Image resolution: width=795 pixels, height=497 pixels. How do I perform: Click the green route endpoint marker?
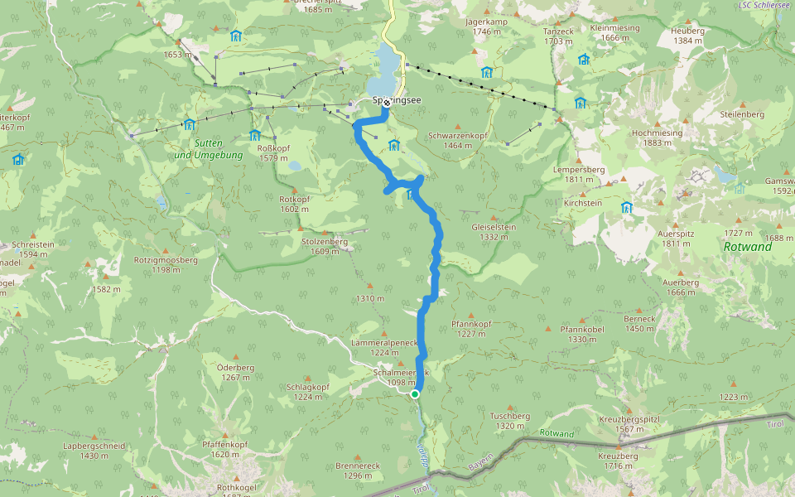pyautogui.click(x=415, y=394)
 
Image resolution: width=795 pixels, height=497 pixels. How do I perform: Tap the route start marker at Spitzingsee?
pyautogui.click(x=386, y=102)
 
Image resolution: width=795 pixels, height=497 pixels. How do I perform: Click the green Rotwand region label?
pyautogui.click(x=747, y=247)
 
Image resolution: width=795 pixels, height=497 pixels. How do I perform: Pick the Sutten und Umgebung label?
pyautogui.click(x=208, y=149)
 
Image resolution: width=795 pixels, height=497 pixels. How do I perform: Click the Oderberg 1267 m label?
pyautogui.click(x=235, y=372)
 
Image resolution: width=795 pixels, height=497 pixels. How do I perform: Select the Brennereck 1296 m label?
pyautogui.click(x=357, y=470)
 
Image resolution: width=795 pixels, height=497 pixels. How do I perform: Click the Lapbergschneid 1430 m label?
pyautogui.click(x=94, y=451)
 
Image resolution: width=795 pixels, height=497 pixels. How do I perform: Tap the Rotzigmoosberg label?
pyautogui.click(x=166, y=264)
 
